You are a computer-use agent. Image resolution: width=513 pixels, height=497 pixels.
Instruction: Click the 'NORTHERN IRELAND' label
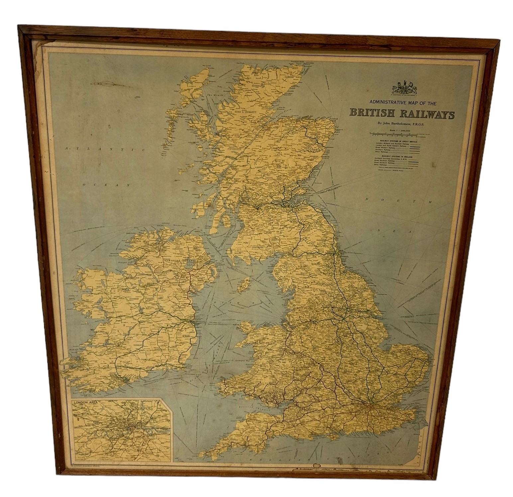[180, 261]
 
